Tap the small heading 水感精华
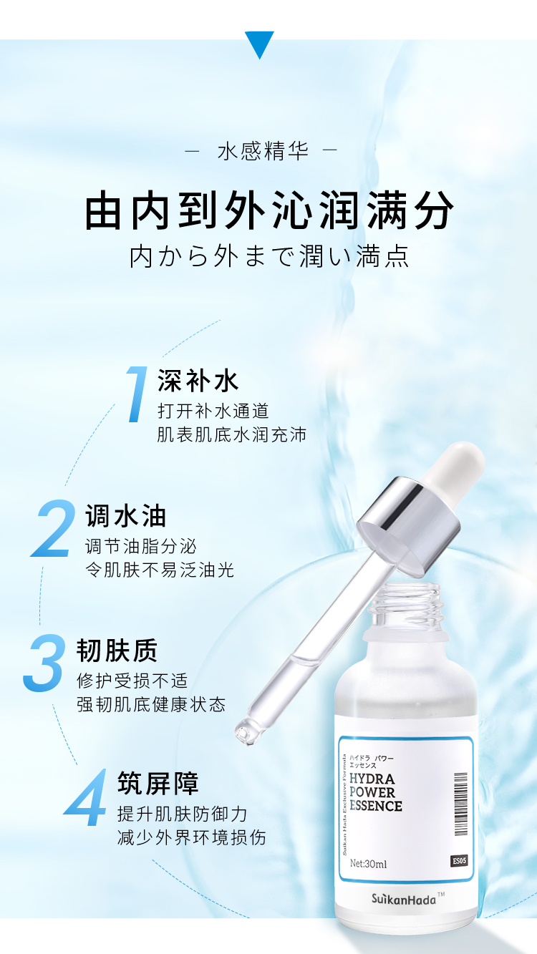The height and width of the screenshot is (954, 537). [x=263, y=152]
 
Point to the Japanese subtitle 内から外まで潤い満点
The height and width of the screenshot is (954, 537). [x=269, y=256]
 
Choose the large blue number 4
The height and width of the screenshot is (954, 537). [x=88, y=799]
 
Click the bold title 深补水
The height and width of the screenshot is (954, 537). [x=198, y=381]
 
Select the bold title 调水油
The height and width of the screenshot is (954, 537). [x=125, y=516]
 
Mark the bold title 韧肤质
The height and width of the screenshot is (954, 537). [x=117, y=651]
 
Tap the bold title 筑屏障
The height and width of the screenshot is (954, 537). [x=158, y=783]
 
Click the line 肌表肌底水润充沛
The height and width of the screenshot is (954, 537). [x=231, y=434]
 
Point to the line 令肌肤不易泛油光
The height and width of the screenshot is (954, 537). [x=159, y=570]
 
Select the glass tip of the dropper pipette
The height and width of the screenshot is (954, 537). [x=246, y=731]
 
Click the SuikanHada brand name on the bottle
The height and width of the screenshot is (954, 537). [x=404, y=900]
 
